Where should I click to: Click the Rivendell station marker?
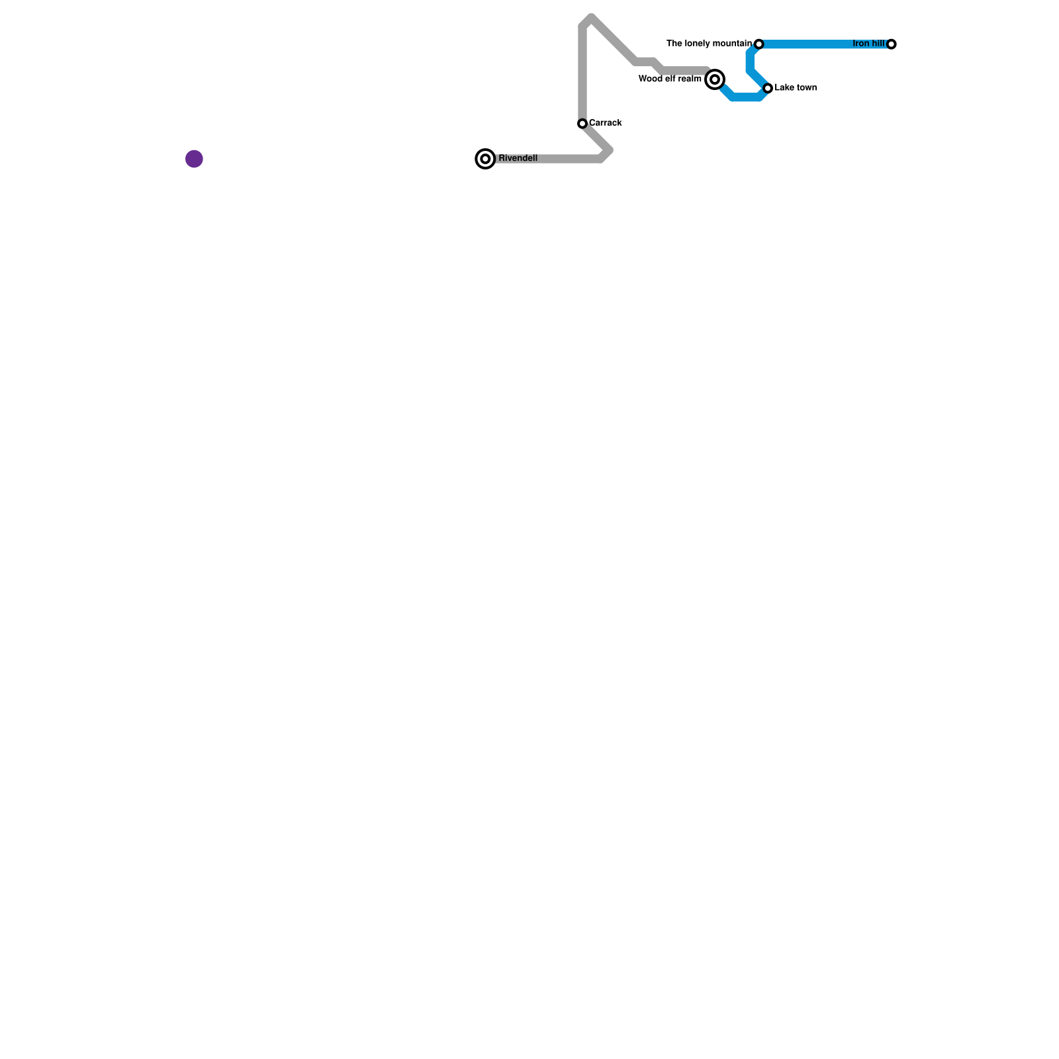click(x=485, y=159)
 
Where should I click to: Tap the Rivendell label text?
click(x=518, y=158)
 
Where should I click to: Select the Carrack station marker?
click(x=582, y=124)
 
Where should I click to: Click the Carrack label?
click(x=605, y=123)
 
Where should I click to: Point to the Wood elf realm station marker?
click(x=715, y=79)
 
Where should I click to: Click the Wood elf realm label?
click(x=670, y=79)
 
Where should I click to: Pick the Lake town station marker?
click(x=768, y=88)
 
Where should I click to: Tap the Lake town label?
click(x=796, y=88)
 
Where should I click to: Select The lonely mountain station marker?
click(x=759, y=44)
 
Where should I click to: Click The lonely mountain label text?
click(x=709, y=44)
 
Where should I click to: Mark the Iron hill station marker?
click(x=892, y=44)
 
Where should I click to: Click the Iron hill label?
click(x=868, y=44)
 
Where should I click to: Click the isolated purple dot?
click(x=194, y=159)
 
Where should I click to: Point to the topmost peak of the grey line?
click(x=590, y=17)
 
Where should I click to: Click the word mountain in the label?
click(x=733, y=44)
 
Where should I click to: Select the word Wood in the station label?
click(x=649, y=79)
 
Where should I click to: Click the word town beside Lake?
click(x=806, y=88)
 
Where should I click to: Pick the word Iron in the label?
click(x=860, y=44)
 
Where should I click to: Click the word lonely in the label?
click(x=698, y=44)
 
